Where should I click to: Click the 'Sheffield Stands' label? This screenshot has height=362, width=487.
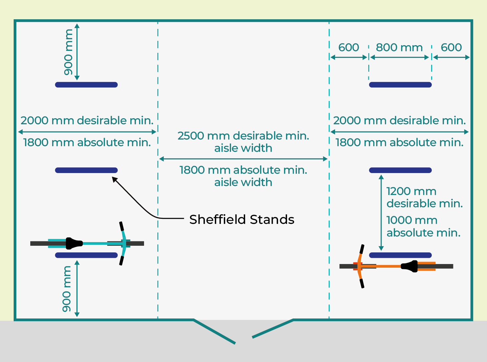click(x=242, y=220)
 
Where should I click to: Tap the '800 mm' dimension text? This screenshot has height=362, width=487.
click(x=399, y=47)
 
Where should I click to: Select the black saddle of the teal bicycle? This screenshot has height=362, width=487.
click(x=74, y=243)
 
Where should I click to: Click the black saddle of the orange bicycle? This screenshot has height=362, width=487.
click(x=409, y=266)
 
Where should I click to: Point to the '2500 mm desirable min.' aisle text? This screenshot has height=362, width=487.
click(x=243, y=136)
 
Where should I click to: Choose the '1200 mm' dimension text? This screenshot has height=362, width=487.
click(x=411, y=191)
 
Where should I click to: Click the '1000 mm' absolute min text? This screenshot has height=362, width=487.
click(x=412, y=220)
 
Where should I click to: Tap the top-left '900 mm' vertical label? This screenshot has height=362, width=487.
click(x=68, y=52)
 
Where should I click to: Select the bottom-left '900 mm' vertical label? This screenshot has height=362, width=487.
click(x=67, y=289)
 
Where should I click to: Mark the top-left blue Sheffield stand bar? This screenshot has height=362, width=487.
click(x=86, y=85)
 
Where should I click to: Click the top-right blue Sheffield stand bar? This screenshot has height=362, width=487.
click(x=400, y=85)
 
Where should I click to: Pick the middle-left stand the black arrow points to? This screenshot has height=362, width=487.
click(x=86, y=170)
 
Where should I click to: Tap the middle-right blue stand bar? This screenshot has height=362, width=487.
click(x=400, y=170)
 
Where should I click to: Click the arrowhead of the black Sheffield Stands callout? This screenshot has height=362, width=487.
click(x=114, y=179)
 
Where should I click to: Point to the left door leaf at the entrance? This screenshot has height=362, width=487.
click(x=214, y=331)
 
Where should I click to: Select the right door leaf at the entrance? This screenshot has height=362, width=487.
click(x=273, y=328)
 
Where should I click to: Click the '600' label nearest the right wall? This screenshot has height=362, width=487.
click(x=451, y=47)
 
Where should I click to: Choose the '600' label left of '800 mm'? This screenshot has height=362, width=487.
click(x=349, y=47)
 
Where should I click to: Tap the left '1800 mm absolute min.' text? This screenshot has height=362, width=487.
click(x=87, y=142)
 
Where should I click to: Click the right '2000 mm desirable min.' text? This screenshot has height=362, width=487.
click(x=400, y=121)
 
